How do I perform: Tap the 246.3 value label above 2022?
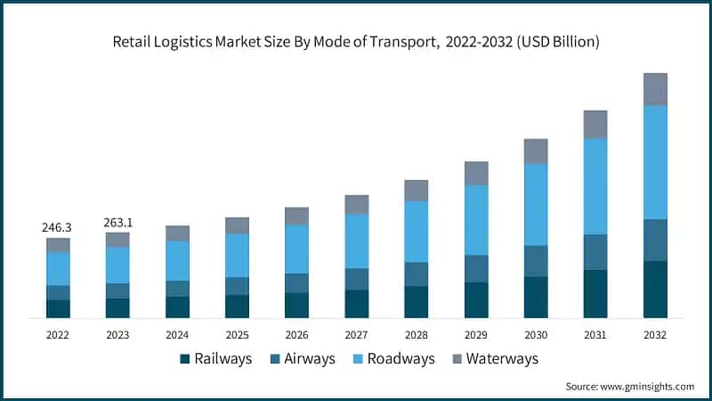click(x=57, y=228)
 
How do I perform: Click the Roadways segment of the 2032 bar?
click(x=655, y=162)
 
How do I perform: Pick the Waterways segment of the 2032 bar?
click(x=655, y=89)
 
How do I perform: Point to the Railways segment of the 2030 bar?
click(x=536, y=297)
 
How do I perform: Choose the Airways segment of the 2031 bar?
click(x=595, y=252)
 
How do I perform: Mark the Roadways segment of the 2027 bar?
click(x=357, y=241)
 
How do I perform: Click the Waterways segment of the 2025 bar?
click(x=237, y=225)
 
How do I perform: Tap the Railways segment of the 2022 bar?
click(x=58, y=308)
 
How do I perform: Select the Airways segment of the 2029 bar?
click(x=476, y=268)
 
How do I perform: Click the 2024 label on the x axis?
click(x=177, y=334)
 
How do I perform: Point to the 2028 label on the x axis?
click(x=417, y=334)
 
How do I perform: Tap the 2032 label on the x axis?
click(x=655, y=334)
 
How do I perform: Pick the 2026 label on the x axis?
click(x=296, y=334)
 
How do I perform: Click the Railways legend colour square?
click(x=185, y=359)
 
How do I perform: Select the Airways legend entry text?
click(x=311, y=358)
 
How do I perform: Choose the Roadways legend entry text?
click(x=400, y=358)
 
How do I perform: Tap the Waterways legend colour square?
click(x=457, y=359)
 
